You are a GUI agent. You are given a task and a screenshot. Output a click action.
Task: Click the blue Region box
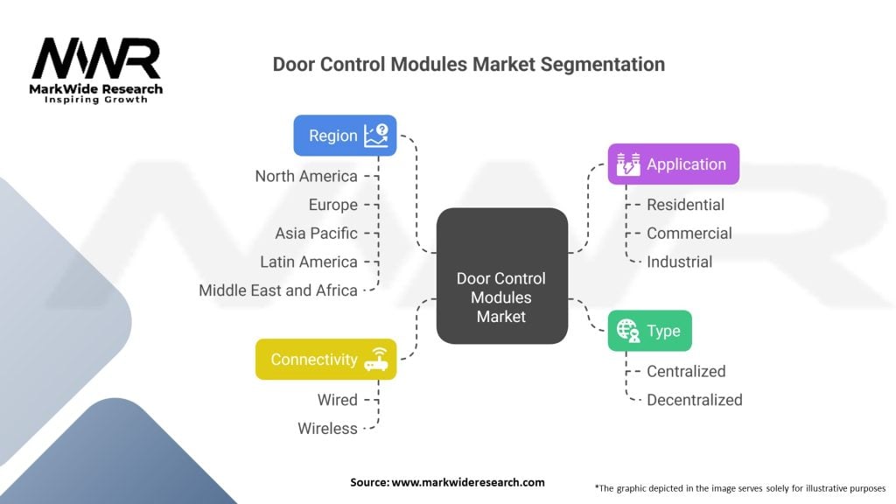pyautogui.click(x=345, y=136)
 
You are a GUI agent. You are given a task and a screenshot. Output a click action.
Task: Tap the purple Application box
pyautogui.click(x=673, y=164)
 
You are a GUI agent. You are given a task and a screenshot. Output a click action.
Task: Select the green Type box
pyautogui.click(x=650, y=331)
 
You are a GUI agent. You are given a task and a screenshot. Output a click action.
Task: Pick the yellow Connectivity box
pyautogui.click(x=325, y=360)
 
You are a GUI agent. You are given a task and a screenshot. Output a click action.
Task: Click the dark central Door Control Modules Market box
pyautogui.click(x=501, y=276)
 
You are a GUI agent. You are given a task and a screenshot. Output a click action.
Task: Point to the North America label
pyautogui.click(x=306, y=176)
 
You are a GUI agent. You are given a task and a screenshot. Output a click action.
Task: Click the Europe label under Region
pyautogui.click(x=333, y=205)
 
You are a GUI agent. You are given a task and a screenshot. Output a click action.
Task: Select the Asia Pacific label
pyautogui.click(x=316, y=233)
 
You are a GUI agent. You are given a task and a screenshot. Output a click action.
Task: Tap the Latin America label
pyautogui.click(x=309, y=262)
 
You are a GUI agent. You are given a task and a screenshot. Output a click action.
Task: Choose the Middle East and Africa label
pyautogui.click(x=278, y=290)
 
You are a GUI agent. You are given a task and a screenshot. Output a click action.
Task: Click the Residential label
pyautogui.click(x=685, y=205)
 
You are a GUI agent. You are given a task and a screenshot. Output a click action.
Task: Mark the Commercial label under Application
pyautogui.click(x=689, y=233)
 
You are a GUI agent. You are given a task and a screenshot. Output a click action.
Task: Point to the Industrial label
pyautogui.click(x=679, y=262)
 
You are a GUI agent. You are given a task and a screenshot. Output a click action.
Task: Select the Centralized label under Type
pyautogui.click(x=686, y=371)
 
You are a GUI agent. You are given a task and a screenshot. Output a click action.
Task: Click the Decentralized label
pyautogui.click(x=694, y=400)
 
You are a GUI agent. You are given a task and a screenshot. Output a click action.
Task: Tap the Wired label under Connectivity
pyautogui.click(x=338, y=400)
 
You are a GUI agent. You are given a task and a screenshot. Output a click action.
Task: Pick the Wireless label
pyautogui.click(x=327, y=429)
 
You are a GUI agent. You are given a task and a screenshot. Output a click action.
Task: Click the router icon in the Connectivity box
pyautogui.click(x=376, y=359)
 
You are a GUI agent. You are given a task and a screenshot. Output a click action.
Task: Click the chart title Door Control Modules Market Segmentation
pyautogui.click(x=469, y=64)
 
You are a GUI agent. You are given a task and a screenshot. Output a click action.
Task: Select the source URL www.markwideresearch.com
pyautogui.click(x=468, y=482)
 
